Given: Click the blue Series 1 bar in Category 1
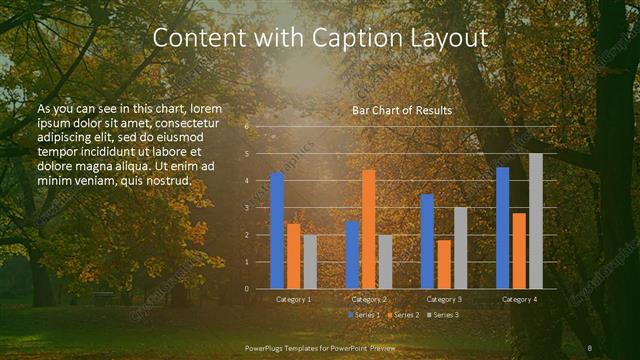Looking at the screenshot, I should tap(277, 231).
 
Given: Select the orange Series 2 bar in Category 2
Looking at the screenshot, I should tap(368, 229).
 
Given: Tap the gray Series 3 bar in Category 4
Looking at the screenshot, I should tap(536, 221).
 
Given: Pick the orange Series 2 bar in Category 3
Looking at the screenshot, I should tap(443, 264).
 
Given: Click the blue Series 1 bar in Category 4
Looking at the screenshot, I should tap(502, 228).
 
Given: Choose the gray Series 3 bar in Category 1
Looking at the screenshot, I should tap(310, 262).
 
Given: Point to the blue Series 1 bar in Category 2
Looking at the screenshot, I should tap(352, 255).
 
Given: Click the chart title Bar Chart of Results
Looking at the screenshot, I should tap(402, 110).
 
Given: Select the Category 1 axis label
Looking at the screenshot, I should tap(293, 299).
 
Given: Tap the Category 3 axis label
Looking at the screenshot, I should tap(443, 299).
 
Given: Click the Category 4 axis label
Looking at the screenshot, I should tap(518, 299).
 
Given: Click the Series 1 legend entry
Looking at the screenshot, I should tap(364, 315).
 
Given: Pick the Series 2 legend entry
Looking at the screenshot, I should tap(403, 315).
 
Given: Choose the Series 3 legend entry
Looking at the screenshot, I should tap(443, 315).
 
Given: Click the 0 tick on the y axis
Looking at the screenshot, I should tap(247, 289).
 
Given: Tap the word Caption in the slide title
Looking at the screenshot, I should tap(357, 38).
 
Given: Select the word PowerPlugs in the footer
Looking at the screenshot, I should tap(265, 347).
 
